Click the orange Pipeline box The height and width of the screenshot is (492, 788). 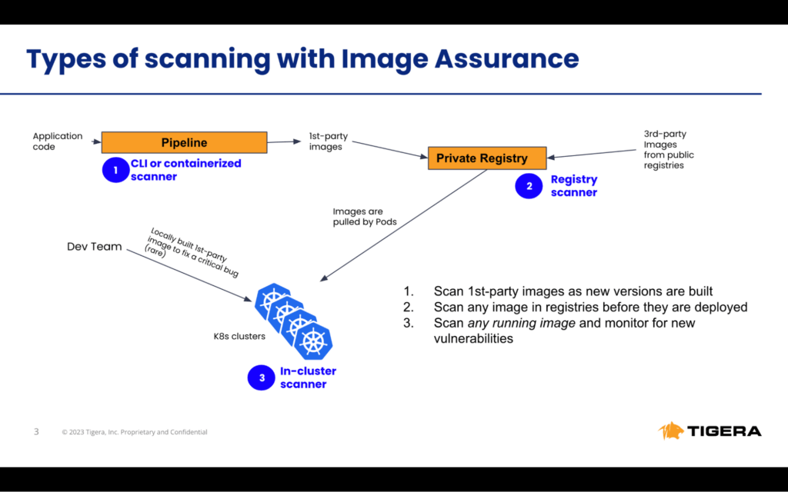[184, 142]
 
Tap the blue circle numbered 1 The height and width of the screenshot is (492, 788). [115, 171]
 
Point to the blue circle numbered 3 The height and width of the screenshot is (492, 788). [262, 377]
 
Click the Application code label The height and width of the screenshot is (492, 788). [57, 141]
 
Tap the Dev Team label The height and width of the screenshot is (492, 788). [95, 247]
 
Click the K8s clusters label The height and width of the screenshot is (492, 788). [240, 337]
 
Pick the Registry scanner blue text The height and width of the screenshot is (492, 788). [573, 186]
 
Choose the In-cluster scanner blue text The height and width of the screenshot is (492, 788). [308, 377]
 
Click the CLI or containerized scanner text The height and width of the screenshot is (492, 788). [185, 170]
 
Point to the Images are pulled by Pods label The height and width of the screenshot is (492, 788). [358, 217]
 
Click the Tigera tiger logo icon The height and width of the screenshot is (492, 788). [671, 430]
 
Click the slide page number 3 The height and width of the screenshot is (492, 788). [36, 431]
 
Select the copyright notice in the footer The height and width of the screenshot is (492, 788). [135, 432]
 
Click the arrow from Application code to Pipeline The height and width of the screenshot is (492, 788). [95, 141]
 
